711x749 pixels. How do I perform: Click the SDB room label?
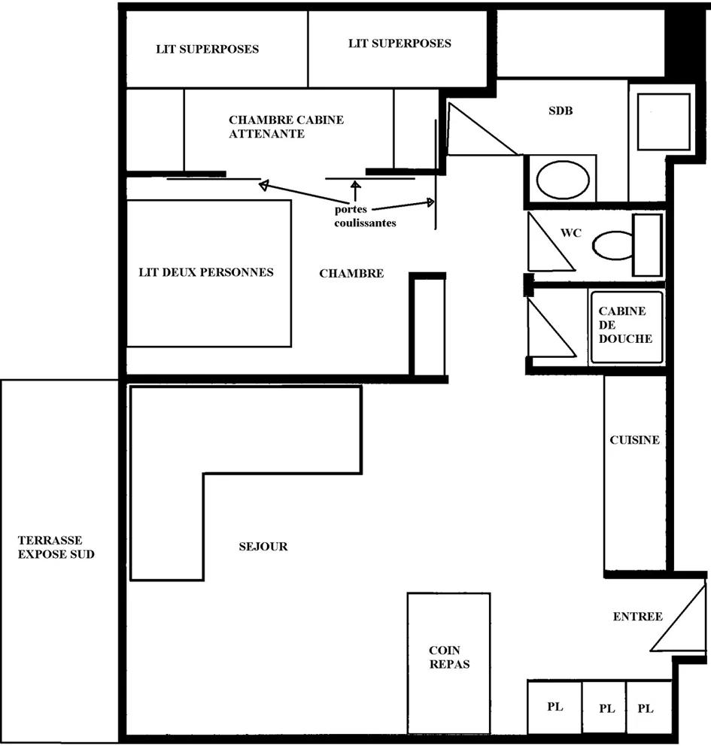coord(561,111)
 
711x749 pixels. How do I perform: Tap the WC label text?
coord(571,233)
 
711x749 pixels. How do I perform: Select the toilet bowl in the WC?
coord(613,245)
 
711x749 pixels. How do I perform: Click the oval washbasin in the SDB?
coord(562,180)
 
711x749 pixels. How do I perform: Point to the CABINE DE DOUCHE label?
coord(625,325)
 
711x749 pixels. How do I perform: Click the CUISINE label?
coord(634,440)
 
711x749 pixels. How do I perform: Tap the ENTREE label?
coord(638,617)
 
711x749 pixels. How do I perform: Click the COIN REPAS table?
coord(448,663)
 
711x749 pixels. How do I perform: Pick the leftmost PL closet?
coord(555,707)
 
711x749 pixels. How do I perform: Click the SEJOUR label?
coord(263,547)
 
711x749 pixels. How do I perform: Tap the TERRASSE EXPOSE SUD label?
coord(56,547)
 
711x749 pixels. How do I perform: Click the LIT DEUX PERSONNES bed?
coord(209,273)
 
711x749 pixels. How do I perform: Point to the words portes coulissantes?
coord(365,216)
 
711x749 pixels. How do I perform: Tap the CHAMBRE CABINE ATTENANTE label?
coord(286,126)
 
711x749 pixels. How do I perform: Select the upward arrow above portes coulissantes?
coord(355,191)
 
